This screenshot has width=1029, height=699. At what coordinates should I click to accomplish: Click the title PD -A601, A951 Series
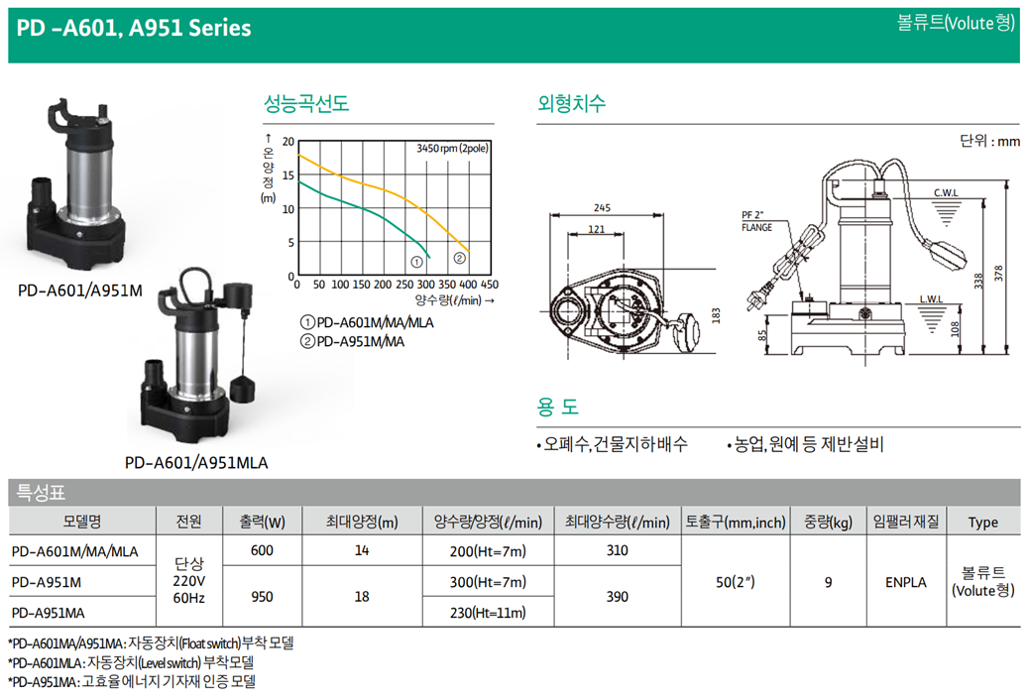pyautogui.click(x=134, y=28)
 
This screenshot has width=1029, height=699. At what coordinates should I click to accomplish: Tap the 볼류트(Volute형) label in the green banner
pyautogui.click(x=956, y=23)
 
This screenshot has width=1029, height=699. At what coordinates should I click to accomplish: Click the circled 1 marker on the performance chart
pyautogui.click(x=416, y=262)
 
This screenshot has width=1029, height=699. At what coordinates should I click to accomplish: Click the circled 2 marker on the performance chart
pyautogui.click(x=459, y=258)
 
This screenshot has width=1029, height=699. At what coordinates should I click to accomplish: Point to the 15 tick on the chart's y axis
pyautogui.click(x=288, y=175)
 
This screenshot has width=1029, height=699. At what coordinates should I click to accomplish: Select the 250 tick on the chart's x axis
pyautogui.click(x=404, y=285)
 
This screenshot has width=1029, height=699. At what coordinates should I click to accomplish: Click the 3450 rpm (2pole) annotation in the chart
pyautogui.click(x=452, y=149)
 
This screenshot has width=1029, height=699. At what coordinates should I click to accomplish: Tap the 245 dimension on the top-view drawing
pyautogui.click(x=602, y=207)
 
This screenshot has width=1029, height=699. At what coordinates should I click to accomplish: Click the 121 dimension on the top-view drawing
pyautogui.click(x=596, y=229)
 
